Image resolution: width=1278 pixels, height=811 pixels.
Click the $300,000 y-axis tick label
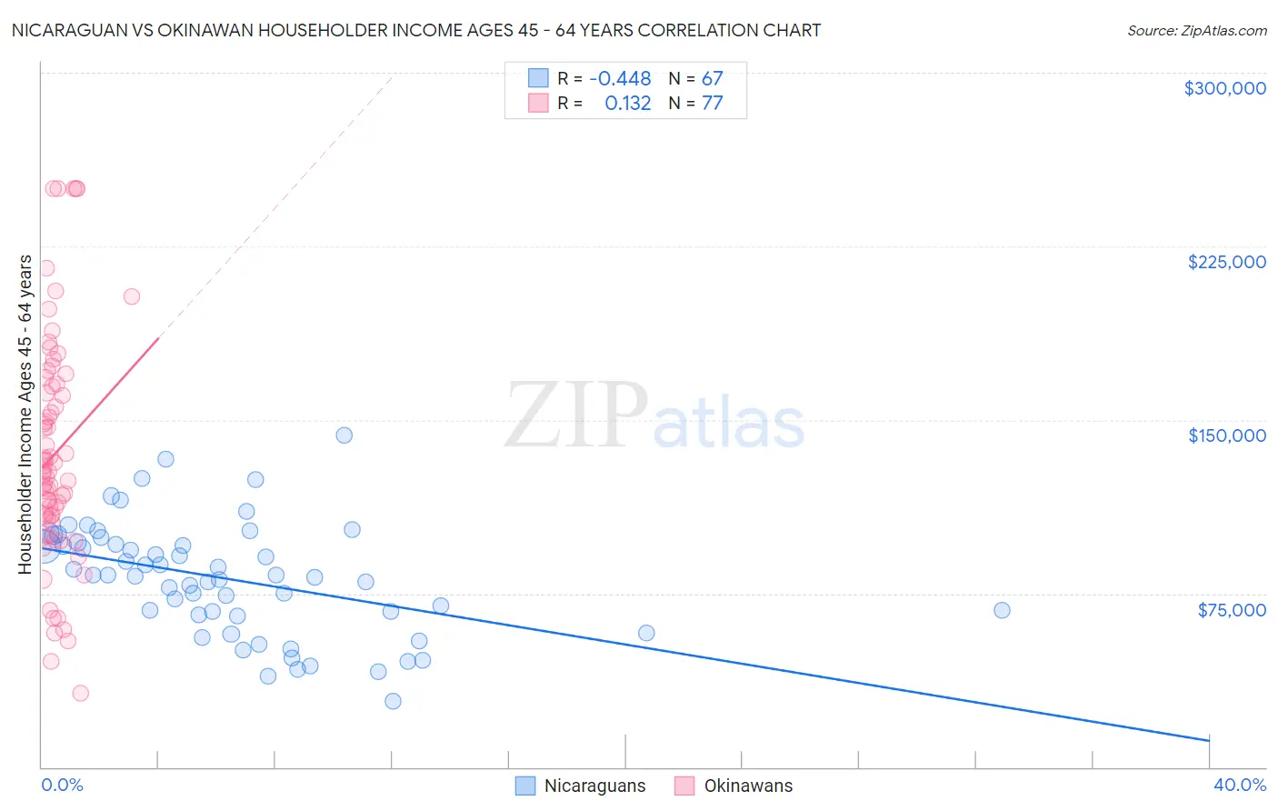pos(1224,88)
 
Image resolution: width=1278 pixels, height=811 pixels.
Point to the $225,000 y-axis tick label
pos(1226,262)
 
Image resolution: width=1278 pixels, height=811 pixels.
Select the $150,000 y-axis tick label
pos(1226,436)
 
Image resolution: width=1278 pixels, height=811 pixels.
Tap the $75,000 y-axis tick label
pos(1232,610)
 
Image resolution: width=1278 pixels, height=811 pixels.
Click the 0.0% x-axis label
pos(62,785)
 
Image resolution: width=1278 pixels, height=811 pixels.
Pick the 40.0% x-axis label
pos(1240,785)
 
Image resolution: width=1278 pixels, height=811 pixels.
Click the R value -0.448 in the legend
pos(620,79)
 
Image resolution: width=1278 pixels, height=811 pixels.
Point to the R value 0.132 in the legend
pos(628,104)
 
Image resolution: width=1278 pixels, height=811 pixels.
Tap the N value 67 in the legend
pos(712,79)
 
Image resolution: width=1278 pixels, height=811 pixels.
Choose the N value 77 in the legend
pos(712,104)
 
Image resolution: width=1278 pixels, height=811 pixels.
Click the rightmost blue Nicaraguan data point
pos(1002,610)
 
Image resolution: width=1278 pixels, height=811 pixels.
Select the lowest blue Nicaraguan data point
pos(393,701)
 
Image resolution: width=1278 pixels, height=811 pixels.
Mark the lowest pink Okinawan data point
pos(80,693)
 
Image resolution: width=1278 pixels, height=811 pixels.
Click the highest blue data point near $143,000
pos(344,435)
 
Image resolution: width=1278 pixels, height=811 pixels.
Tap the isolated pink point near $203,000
pos(131,296)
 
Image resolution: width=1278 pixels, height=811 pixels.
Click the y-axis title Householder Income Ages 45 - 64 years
pos(25,415)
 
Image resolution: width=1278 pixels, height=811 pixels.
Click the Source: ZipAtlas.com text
pos(1196,31)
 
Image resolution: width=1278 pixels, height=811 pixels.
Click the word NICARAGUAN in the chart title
pos(65,31)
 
